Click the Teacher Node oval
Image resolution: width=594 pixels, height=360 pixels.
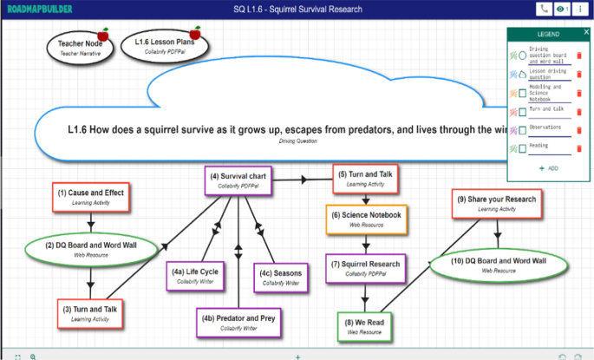coord(79,47)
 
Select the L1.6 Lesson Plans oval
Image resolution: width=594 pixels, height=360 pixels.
coord(163,44)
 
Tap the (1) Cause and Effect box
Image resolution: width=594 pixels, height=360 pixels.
coord(90,197)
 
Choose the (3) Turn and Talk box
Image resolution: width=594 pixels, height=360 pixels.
coord(91,313)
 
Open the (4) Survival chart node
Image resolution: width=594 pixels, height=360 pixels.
coord(236,180)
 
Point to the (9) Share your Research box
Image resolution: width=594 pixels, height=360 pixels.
coord(497,203)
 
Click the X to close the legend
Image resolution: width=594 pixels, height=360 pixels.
coord(586,32)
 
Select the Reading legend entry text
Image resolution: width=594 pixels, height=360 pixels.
coord(539,146)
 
